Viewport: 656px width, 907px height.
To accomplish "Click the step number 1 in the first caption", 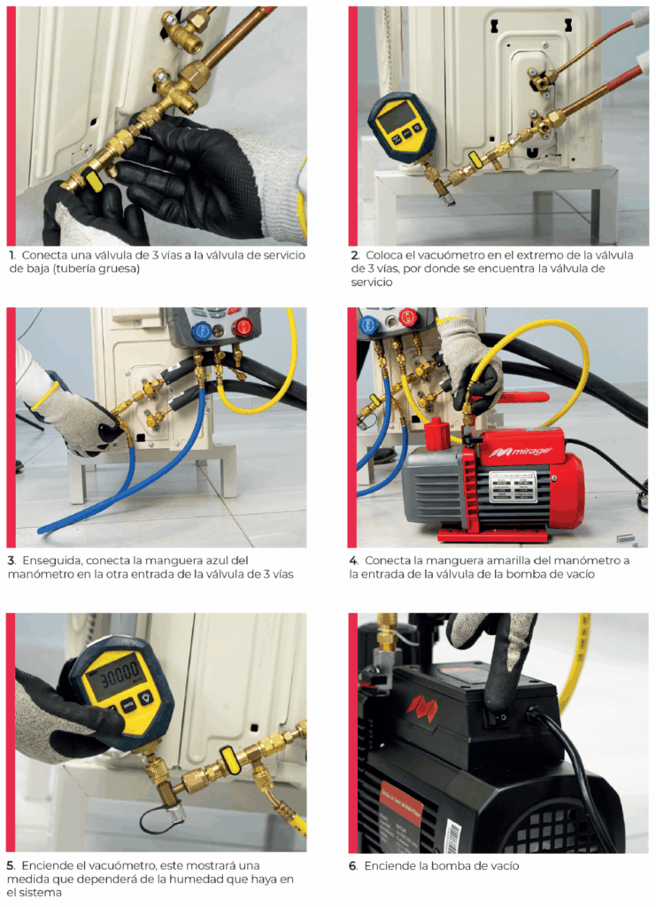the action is (x=12, y=255).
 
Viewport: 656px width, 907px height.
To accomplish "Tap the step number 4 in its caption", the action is (x=354, y=561).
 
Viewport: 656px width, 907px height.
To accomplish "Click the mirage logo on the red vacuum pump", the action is (x=521, y=452).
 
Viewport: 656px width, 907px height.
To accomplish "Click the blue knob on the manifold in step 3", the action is (x=203, y=331).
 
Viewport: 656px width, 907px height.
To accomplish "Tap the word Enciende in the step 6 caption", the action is (x=390, y=866).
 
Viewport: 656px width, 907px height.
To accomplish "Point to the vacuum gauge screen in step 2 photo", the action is (x=397, y=118).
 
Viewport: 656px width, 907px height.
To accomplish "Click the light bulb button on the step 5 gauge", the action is (x=145, y=696).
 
